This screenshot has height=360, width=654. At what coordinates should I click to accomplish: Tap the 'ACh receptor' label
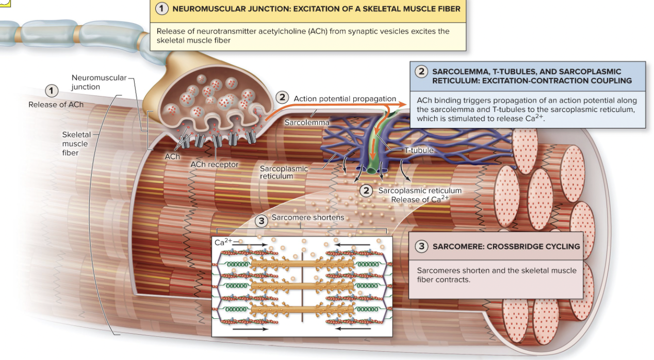tap(214, 165)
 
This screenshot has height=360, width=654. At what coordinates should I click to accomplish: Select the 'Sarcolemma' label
tap(306, 122)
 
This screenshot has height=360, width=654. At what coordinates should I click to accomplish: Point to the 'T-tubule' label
tap(419, 151)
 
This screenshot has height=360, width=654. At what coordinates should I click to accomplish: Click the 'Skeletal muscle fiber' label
tap(75, 143)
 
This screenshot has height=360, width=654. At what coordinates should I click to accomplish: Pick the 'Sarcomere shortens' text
tap(307, 218)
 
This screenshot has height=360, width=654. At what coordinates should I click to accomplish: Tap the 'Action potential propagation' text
tap(345, 99)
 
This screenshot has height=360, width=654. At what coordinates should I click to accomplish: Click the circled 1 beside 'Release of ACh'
tap(51, 91)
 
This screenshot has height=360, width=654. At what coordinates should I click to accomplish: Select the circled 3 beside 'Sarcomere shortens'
tap(262, 221)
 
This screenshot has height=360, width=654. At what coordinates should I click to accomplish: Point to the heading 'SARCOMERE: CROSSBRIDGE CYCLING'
tap(505, 247)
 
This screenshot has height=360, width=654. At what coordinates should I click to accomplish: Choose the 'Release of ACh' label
tap(56, 105)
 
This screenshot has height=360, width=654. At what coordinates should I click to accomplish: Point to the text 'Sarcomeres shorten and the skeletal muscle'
tap(496, 270)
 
